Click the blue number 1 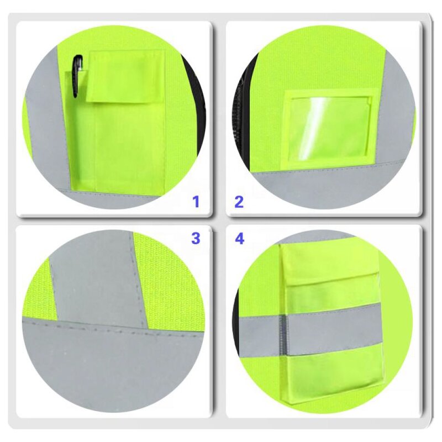pyautogui.click(x=196, y=202)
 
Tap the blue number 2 pyautogui.click(x=239, y=202)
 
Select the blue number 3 pyautogui.click(x=196, y=239)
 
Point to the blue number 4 pyautogui.click(x=239, y=239)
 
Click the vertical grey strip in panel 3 pyautogui.click(x=97, y=276)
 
